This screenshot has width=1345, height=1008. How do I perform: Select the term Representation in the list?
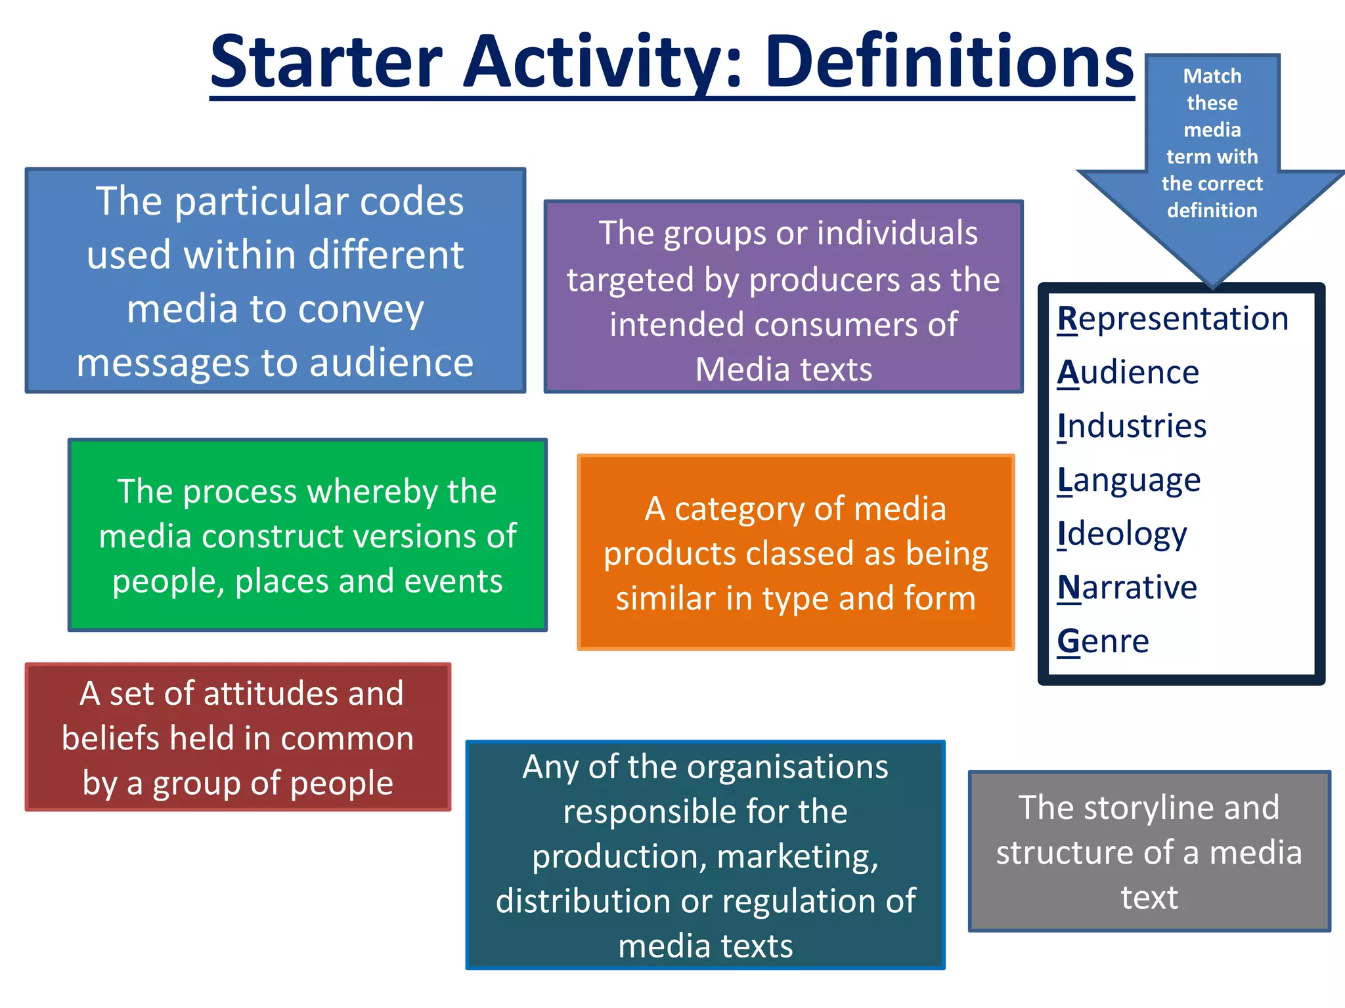click(1173, 320)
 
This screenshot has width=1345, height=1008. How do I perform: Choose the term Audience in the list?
click(1128, 373)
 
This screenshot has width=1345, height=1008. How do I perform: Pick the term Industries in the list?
click(1132, 427)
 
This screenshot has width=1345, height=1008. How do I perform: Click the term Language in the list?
click(1129, 480)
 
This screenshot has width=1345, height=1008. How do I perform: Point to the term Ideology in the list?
click(1122, 534)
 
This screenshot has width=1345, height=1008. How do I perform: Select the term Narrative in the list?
click(1127, 587)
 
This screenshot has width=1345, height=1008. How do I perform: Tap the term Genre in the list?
click(1103, 641)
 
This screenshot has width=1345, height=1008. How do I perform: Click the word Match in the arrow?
click(1212, 76)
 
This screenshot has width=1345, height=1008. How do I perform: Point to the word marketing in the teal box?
click(797, 857)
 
